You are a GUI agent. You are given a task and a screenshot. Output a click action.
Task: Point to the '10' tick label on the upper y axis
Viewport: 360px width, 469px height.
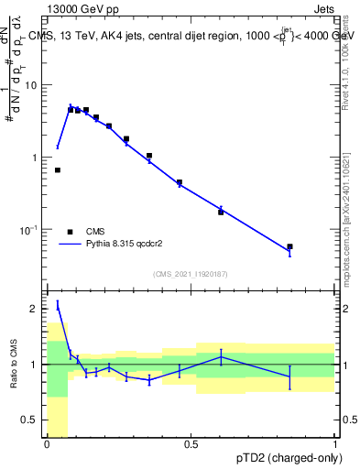(x=33, y=85)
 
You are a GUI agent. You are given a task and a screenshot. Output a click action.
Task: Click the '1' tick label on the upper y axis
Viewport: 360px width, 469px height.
(x=37, y=158)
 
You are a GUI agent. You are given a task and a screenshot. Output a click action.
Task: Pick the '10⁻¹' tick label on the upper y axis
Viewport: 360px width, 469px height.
(x=31, y=229)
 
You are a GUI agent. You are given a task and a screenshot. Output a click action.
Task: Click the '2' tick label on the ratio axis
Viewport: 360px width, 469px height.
(x=37, y=309)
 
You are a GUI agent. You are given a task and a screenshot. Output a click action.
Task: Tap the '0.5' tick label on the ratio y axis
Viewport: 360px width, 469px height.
(x=31, y=420)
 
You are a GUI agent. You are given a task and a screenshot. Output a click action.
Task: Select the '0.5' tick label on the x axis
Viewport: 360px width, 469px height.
(x=191, y=445)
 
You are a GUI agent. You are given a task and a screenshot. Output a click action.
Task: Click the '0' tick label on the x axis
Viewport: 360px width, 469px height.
(x=47, y=445)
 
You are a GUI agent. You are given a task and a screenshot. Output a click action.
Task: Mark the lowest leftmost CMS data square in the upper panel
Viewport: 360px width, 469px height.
(x=58, y=170)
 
